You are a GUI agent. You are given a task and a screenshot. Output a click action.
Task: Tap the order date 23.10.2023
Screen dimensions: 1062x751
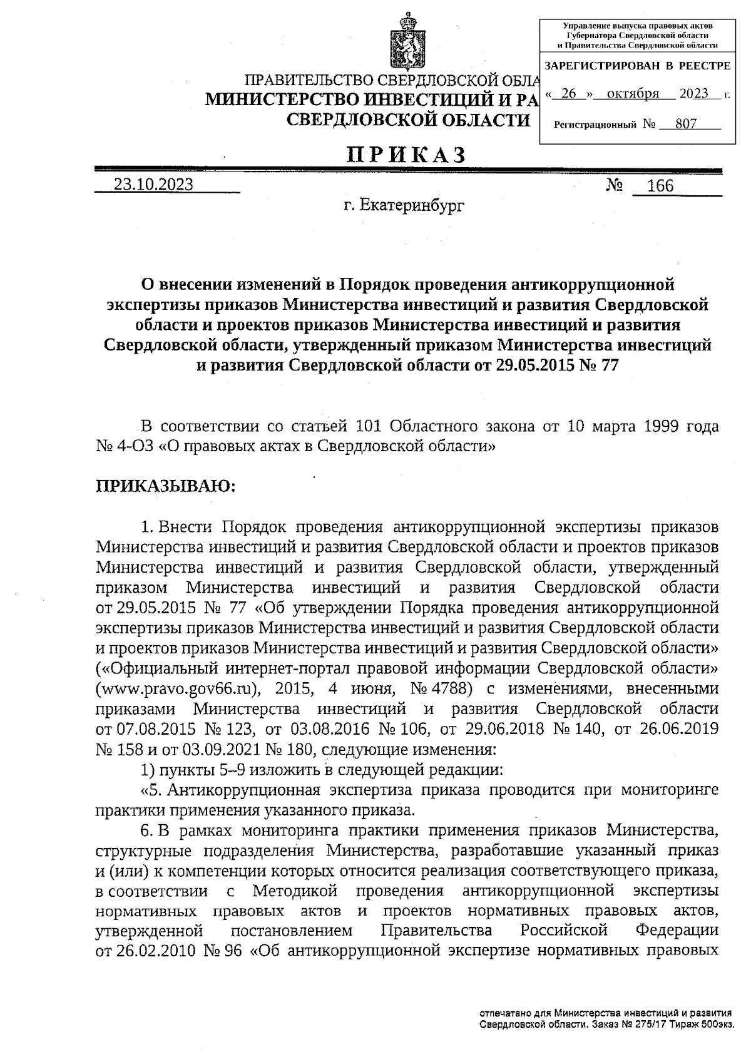[x=153, y=185]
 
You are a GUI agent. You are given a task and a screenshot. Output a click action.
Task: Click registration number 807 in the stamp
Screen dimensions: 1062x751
[x=686, y=124]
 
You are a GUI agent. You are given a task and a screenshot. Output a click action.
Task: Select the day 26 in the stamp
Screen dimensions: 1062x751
[x=568, y=94]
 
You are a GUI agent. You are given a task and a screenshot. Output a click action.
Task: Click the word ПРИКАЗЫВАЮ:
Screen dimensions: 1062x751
[x=165, y=486]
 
